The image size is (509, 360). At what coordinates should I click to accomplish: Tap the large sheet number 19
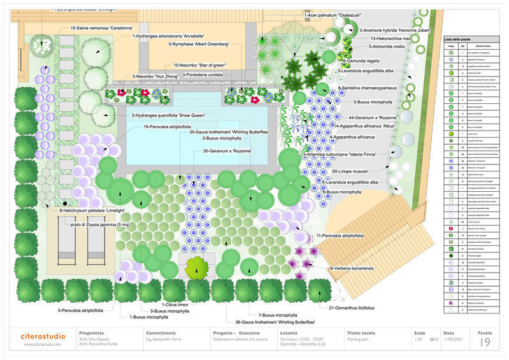pyautogui.click(x=485, y=343)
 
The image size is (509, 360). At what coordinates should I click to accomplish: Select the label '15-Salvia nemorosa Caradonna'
pyautogui.click(x=102, y=28)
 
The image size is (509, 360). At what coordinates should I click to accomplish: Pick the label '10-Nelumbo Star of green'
pyautogui.click(x=199, y=66)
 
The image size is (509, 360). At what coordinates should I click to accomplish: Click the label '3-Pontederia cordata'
pyautogui.click(x=206, y=75)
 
